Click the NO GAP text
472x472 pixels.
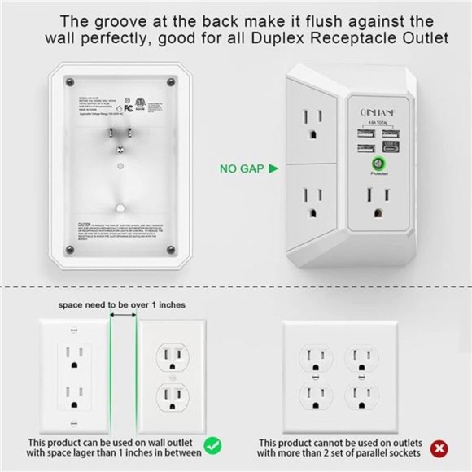tap(242, 169)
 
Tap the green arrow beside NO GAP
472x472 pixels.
tap(273, 169)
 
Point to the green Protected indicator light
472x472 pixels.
tap(378, 164)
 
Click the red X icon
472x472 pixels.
tap(440, 448)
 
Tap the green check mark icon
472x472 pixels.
tap(212, 446)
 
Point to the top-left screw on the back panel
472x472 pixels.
tap(69, 82)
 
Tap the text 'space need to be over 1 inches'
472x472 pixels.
tap(121, 304)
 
